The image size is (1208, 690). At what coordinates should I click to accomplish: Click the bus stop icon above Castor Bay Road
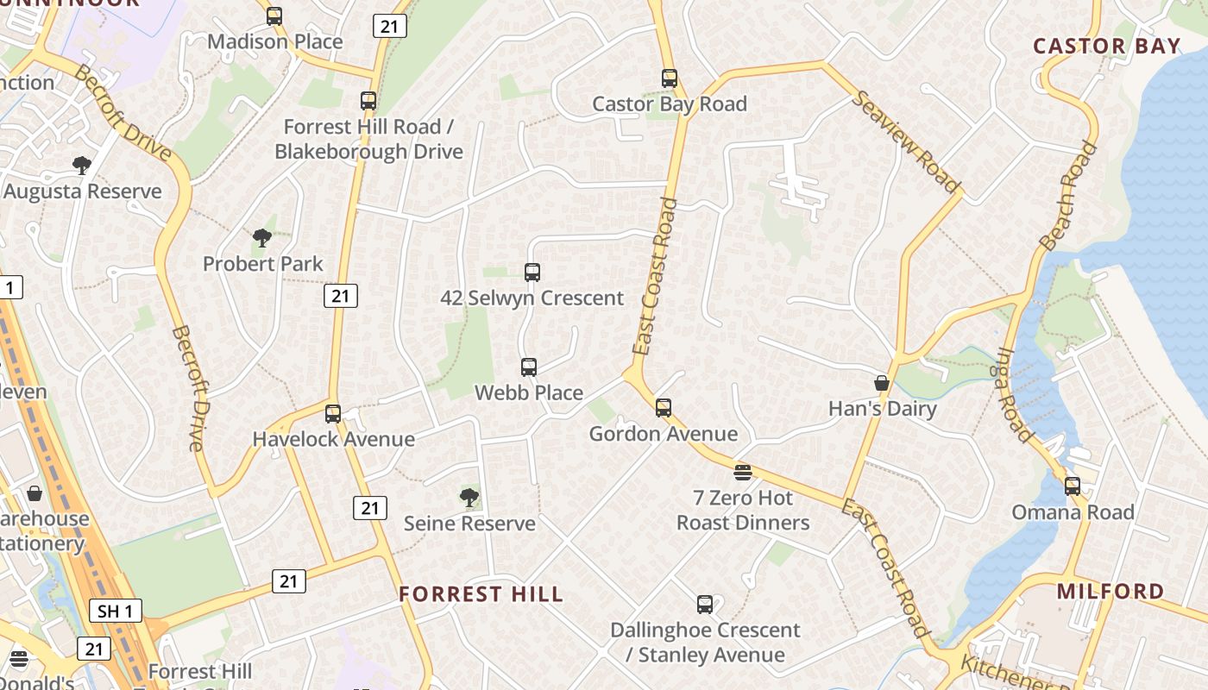point(670,78)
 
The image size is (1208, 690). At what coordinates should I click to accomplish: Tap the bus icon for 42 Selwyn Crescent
point(532,273)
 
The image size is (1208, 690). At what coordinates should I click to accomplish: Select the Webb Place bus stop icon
point(529,367)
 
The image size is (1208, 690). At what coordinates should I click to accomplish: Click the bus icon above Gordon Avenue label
point(663,408)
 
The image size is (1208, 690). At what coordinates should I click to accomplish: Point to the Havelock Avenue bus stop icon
point(333,414)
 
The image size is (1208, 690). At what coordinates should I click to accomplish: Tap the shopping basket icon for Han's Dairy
point(882,383)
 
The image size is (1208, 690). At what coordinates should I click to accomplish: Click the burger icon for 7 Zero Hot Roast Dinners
point(743,472)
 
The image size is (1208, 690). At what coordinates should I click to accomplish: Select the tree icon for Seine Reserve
point(469,498)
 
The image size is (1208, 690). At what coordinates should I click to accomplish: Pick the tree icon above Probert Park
point(262,238)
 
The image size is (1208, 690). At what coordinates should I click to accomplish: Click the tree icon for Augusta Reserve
point(82,166)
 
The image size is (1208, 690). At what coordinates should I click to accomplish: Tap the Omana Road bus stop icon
point(1073,486)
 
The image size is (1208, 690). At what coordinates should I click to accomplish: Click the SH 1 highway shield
point(116,612)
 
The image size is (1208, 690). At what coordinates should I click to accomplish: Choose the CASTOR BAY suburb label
point(1107,47)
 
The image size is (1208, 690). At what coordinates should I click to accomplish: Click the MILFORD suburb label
point(1110,592)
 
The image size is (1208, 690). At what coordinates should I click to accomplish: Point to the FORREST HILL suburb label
point(481,594)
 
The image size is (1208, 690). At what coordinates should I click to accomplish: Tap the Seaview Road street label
point(906,141)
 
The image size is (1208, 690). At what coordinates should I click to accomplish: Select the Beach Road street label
point(1069,196)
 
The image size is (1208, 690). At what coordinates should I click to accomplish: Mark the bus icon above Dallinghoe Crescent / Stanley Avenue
point(705,605)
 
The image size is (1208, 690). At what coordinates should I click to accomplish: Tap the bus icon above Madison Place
point(274,16)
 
